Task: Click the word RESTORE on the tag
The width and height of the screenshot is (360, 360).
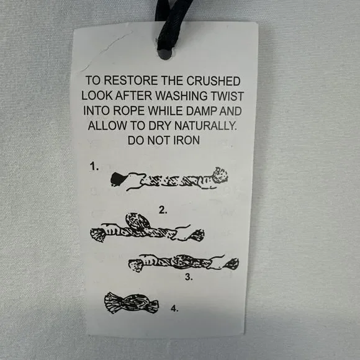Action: [131, 81]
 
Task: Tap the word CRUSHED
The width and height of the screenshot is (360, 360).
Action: [214, 81]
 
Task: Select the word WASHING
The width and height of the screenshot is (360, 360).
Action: [181, 96]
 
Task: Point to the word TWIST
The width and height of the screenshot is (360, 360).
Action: [227, 96]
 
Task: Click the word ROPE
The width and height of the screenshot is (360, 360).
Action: [128, 110]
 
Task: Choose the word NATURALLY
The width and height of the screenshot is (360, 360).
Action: [205, 125]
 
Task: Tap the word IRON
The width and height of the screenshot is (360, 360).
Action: [186, 140]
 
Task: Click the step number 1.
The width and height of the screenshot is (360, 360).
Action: [94, 166]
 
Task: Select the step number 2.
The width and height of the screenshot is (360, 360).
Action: [163, 210]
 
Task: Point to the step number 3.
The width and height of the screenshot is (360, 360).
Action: [189, 277]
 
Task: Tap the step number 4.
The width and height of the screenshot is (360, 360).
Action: [174, 308]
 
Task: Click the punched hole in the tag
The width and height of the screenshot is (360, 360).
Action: [165, 54]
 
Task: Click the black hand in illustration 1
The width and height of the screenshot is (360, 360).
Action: [118, 179]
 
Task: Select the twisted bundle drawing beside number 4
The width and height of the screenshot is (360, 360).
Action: [131, 303]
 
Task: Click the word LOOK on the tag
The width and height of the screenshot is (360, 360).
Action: [97, 96]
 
